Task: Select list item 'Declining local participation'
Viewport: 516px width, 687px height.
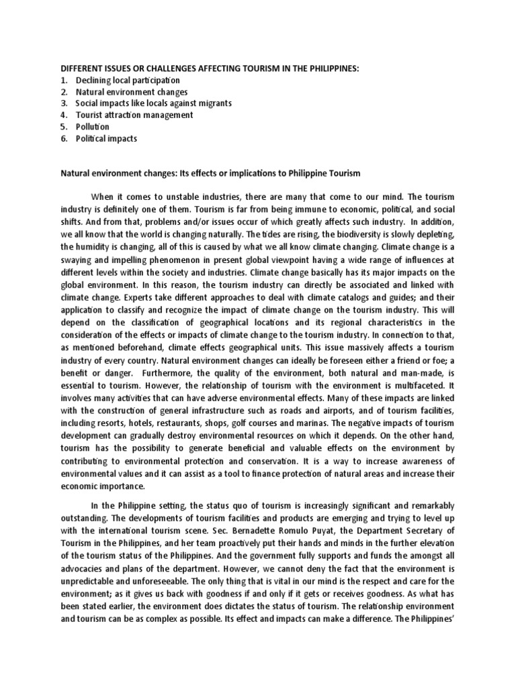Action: [128, 81]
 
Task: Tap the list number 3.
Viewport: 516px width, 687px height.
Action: [64, 103]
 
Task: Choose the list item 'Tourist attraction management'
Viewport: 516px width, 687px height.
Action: [134, 115]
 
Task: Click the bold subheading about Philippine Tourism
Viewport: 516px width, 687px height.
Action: [210, 173]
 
